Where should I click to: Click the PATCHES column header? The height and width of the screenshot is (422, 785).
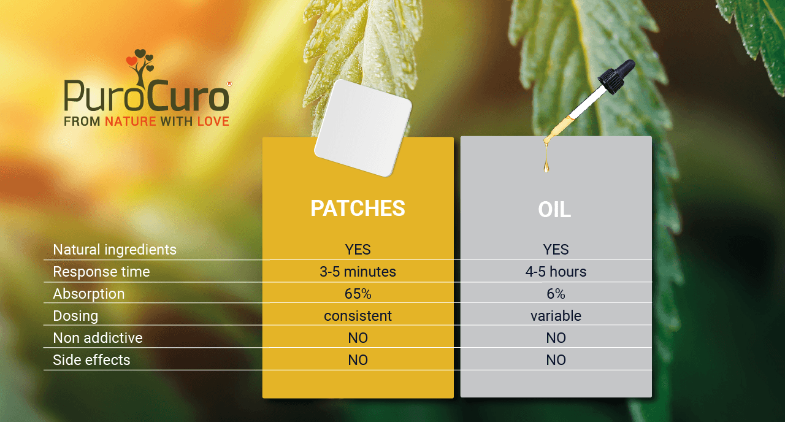coord(358,209)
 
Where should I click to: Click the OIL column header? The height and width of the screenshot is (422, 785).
coord(554,210)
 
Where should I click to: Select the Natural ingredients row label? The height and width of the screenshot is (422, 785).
coord(115,250)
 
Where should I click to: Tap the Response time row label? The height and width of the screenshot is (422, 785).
coord(101,272)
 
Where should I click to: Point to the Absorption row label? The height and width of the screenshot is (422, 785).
coord(89,294)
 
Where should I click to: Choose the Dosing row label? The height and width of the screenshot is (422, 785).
coord(75,316)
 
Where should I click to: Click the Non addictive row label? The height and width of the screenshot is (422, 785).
coord(98,338)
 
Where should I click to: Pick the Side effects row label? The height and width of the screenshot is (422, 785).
coord(91,360)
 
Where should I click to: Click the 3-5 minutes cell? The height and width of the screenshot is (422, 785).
coord(358,272)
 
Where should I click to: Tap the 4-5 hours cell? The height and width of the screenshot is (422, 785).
coord(556,272)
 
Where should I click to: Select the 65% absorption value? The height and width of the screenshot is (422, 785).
coord(358,294)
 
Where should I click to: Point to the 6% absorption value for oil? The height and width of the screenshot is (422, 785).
coord(556,294)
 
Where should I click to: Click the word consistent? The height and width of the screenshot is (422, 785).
coord(358,316)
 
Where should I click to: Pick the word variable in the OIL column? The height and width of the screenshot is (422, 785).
coord(556,316)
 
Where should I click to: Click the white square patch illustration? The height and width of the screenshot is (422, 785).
coord(363,128)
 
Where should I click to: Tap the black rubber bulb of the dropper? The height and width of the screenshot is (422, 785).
coord(617,75)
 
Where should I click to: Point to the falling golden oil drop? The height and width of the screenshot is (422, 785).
coord(546,166)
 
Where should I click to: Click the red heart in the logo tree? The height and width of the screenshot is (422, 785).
coord(132,61)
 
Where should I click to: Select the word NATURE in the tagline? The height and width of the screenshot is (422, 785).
coord(131,121)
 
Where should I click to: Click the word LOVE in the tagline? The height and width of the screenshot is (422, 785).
coord(213,121)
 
